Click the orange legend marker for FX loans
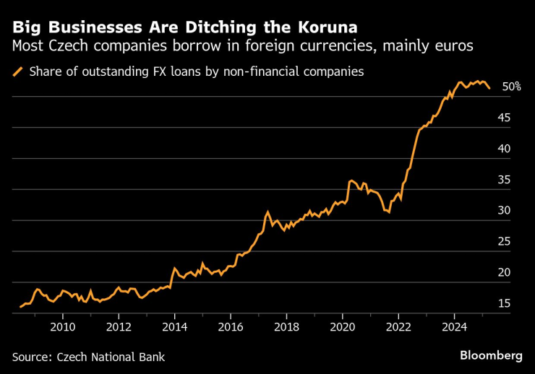pos(17,71)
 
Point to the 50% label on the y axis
pos(511,87)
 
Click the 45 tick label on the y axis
pos(505,118)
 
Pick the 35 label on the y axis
pos(505,180)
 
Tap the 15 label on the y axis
pos(505,304)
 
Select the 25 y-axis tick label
pos(505,242)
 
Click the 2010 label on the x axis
pos(63,326)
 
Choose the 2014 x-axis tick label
pos(175,326)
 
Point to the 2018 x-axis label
pos(287,326)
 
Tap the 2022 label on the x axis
pos(398,326)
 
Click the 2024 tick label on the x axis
pos(455,326)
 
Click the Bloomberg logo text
pos(491,356)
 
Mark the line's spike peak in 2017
pos(267,212)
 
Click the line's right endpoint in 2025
pos(489,88)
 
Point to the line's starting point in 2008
pos(20,307)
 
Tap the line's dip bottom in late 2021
pos(389,212)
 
